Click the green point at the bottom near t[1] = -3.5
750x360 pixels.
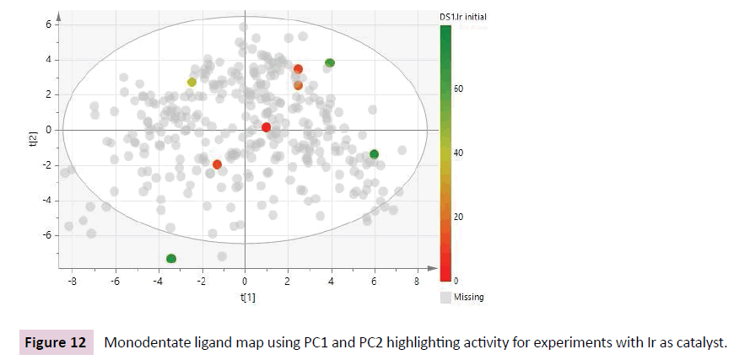click(x=171, y=258)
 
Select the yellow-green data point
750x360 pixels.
click(x=192, y=82)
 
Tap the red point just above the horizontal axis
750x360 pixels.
click(x=266, y=127)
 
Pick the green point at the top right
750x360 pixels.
click(x=330, y=63)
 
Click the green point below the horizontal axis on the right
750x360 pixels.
click(x=374, y=153)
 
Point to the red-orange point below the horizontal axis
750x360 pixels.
click(x=217, y=164)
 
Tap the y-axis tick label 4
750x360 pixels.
click(x=50, y=60)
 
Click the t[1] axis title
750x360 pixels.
click(x=245, y=298)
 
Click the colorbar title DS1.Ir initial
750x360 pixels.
click(x=462, y=16)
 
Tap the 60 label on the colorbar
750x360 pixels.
click(x=460, y=89)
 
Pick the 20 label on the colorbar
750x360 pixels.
click(x=460, y=217)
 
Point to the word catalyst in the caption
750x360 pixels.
click(x=699, y=343)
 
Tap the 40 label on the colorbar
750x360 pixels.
click(x=460, y=153)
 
